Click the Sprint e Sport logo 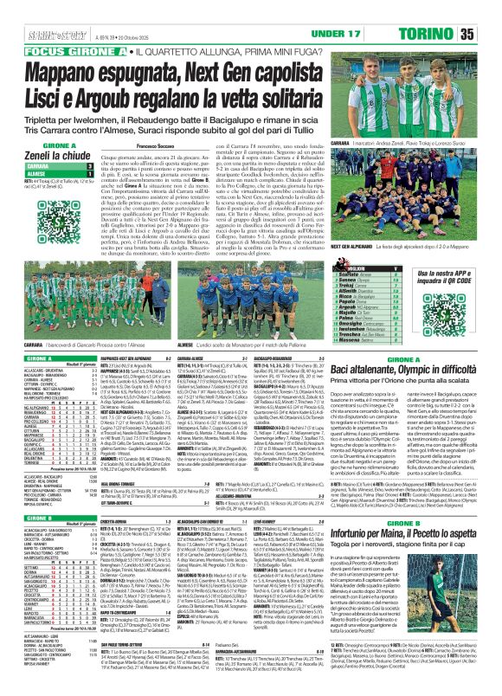click(25, 10)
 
